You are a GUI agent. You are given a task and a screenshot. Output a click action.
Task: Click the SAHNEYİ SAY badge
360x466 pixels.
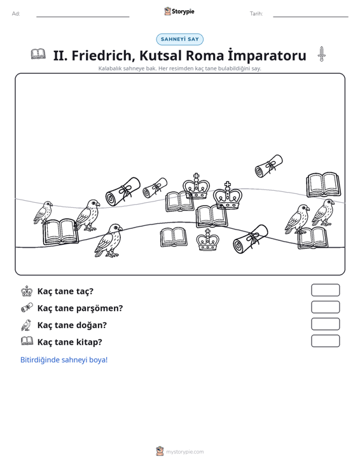(179, 39)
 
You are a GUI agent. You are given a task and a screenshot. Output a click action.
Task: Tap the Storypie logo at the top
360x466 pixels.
(179, 11)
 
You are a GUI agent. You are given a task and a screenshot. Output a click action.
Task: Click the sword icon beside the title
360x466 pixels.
(321, 54)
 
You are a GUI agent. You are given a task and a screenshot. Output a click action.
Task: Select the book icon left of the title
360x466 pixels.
(38, 54)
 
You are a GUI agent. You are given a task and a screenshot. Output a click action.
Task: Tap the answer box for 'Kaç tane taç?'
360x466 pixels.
(325, 290)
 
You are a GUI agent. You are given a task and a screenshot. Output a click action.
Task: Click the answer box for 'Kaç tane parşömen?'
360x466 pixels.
(325, 307)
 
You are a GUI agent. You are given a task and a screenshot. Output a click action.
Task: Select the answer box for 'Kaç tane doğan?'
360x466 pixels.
(325, 324)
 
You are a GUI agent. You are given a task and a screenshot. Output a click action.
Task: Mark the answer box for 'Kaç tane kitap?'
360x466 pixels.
(325, 341)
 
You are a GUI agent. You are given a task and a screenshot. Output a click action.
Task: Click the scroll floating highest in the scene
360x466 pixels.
(269, 166)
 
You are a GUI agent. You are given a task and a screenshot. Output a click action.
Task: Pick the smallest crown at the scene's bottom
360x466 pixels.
(208, 240)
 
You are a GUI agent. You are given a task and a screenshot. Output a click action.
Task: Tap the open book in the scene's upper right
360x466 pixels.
(323, 184)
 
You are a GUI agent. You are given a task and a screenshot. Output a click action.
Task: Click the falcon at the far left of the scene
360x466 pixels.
(43, 212)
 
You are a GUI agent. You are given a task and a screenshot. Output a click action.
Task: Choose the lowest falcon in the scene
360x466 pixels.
(109, 240)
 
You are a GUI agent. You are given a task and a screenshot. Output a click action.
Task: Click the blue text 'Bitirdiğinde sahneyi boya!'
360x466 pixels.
(64, 360)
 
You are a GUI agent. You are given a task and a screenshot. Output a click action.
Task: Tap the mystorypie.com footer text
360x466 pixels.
(184, 452)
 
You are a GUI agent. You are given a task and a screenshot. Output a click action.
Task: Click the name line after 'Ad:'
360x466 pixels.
(83, 17)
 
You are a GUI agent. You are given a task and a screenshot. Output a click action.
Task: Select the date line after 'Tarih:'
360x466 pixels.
(310, 17)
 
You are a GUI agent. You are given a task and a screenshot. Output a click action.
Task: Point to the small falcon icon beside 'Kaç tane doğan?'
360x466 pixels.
(27, 325)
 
